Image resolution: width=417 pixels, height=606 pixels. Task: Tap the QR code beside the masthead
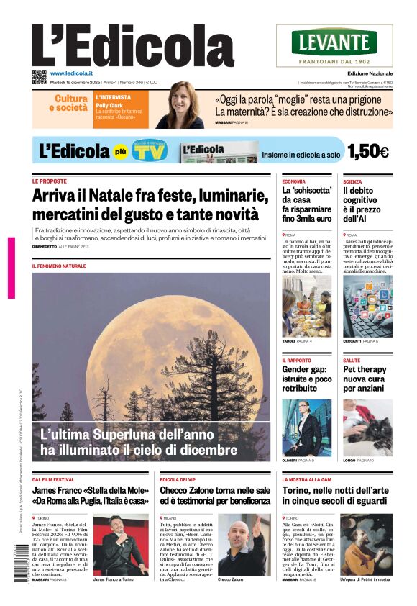point(40,76)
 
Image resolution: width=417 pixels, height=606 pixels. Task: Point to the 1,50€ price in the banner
point(367,151)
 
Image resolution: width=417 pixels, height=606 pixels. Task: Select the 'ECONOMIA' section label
point(293,181)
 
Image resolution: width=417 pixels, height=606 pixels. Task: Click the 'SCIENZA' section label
point(352,181)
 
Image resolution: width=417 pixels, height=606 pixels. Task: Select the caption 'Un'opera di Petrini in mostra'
point(365,579)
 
